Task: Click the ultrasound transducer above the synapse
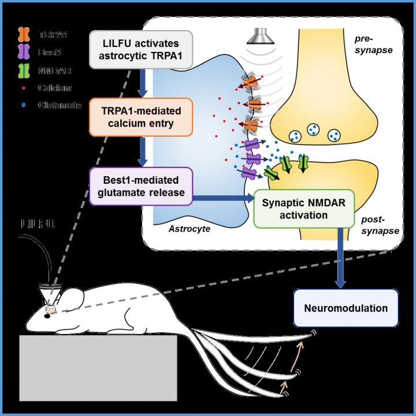(256, 37)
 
